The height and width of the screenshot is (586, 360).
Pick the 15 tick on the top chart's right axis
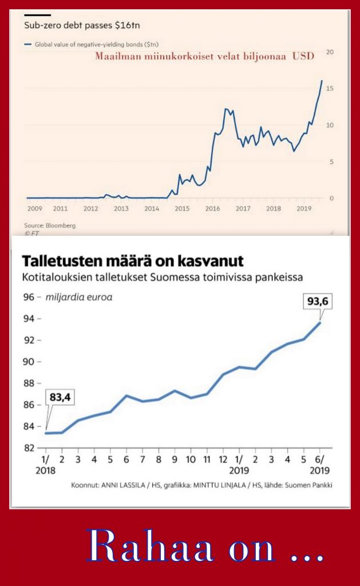coord(330,88)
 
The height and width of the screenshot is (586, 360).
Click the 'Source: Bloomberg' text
coord(49,225)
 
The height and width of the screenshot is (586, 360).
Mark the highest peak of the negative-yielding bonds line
coord(322,81)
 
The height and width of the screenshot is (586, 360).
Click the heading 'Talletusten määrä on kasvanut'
coord(133,262)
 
